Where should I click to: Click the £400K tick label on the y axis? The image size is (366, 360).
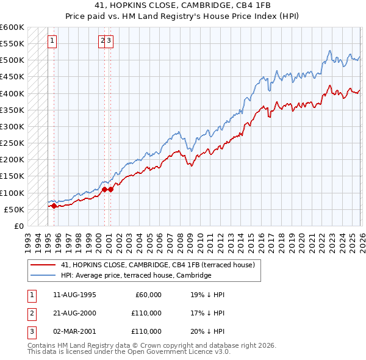pos(12,93)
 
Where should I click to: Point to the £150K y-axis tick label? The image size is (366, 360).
pos(12,176)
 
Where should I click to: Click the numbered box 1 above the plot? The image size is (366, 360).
pos(52,41)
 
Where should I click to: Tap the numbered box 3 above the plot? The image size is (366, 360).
pos(109,41)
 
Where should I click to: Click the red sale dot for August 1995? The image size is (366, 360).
pos(54,206)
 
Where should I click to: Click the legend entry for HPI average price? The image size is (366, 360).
pos(135,276)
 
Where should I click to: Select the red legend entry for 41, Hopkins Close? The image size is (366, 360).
pos(161,265)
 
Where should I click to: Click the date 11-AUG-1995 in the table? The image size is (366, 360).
pos(75,295)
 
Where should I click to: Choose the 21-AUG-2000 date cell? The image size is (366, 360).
pos(75,313)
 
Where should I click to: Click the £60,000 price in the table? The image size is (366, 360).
pos(148,295)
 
